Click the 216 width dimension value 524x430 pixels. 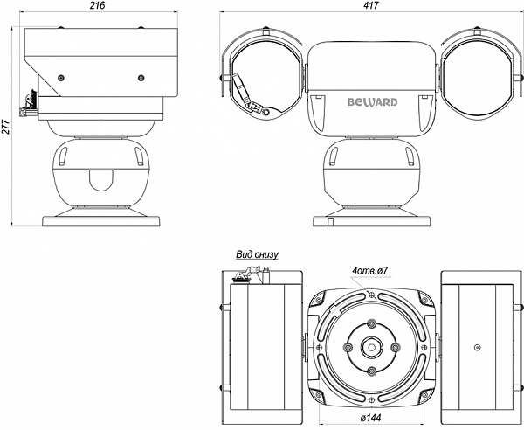(98, 5)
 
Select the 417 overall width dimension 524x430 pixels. (372, 5)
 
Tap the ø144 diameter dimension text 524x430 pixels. (370, 418)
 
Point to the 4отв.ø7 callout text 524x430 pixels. (369, 271)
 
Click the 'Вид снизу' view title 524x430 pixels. (257, 255)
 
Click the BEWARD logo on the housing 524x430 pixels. (373, 102)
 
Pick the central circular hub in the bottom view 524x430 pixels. (371, 347)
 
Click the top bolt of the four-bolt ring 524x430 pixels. (371, 323)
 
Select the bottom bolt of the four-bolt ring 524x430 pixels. (371, 371)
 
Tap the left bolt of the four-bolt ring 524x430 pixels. (348, 347)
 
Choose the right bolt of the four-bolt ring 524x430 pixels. (395, 347)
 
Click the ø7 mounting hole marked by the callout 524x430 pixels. (372, 295)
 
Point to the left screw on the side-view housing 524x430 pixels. (60, 78)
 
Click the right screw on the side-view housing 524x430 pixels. (141, 78)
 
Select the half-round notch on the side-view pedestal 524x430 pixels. (101, 180)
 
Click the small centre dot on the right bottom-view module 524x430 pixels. (478, 348)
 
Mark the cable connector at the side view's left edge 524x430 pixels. (29, 104)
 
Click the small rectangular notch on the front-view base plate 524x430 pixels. (330, 222)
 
